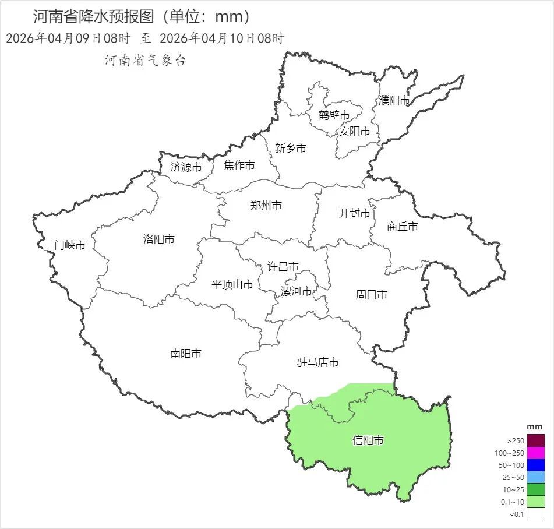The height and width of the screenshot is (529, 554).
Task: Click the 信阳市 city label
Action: tap(368, 440)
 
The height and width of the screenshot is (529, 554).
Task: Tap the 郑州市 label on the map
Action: tap(266, 206)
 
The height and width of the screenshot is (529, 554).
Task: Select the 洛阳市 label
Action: tap(158, 239)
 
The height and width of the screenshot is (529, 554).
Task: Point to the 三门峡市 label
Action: tap(65, 245)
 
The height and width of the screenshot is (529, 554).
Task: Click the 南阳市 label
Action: tap(186, 354)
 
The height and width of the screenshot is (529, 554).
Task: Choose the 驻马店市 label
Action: tap(317, 362)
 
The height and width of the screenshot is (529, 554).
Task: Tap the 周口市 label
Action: tap(371, 295)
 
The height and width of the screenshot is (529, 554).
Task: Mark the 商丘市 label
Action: tap(402, 227)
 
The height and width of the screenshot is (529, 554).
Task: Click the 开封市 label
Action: tap(354, 213)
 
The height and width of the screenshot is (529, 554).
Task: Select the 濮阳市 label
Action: tap(394, 100)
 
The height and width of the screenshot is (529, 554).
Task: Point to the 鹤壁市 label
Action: tap(334, 115)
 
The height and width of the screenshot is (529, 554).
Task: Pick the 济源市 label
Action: tap(186, 167)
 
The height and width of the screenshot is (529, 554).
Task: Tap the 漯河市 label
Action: tap(297, 291)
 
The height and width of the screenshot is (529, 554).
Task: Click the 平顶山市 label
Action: tap(232, 284)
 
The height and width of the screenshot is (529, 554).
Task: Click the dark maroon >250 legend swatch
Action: tap(536, 440)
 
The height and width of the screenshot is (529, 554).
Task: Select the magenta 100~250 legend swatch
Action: tap(536, 453)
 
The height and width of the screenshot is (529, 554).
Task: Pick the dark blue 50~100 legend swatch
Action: tap(536, 465)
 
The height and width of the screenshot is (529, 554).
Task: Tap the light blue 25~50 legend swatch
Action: tap(536, 477)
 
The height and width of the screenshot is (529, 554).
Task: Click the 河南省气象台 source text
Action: tap(145, 61)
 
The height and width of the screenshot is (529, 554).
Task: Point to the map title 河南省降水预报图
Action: tap(96, 16)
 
